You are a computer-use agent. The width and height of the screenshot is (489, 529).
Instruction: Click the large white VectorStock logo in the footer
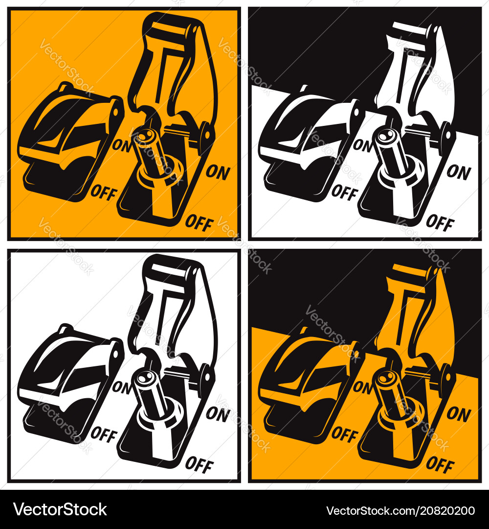coord(60,510)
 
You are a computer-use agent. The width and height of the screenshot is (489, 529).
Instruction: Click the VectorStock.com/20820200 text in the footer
coord(400,510)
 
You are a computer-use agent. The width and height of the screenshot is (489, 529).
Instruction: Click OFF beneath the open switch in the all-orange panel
coord(200,223)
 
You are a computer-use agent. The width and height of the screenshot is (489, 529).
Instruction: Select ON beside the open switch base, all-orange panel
coord(218,172)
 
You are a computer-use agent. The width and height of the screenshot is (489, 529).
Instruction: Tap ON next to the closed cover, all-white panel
coord(122,387)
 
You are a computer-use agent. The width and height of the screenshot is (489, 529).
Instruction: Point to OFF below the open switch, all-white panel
coord(200,464)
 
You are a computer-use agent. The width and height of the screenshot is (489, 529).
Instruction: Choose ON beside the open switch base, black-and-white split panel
coord(459,172)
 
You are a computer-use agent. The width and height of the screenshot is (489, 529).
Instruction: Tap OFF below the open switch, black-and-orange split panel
coord(440,464)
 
